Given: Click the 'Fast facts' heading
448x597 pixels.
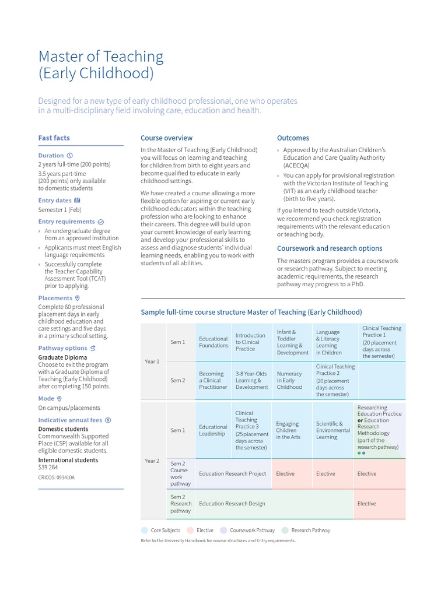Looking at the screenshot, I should click(x=54, y=138).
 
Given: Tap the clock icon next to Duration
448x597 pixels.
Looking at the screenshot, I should click(x=70, y=156).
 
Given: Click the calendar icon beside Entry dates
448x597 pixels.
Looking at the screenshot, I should click(x=78, y=201).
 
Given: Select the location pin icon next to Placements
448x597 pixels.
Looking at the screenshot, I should click(x=78, y=298).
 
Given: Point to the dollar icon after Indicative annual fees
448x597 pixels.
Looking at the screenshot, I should click(x=108, y=420).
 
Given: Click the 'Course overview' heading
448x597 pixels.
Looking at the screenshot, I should click(x=166, y=138).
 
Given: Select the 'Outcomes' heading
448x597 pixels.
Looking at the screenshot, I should click(x=293, y=138).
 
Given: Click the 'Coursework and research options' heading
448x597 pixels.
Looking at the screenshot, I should click(x=330, y=248).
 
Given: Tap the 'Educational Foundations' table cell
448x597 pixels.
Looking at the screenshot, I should click(x=213, y=342).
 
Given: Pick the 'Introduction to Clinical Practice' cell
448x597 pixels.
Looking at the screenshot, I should click(x=250, y=342).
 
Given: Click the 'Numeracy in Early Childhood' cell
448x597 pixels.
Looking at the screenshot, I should click(x=290, y=380).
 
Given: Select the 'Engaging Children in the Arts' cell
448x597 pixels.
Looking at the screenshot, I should click(x=288, y=430).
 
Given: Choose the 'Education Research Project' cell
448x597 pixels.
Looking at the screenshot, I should click(x=232, y=473).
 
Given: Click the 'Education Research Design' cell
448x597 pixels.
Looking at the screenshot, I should click(x=232, y=504).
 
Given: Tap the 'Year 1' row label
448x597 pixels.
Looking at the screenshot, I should click(x=152, y=361).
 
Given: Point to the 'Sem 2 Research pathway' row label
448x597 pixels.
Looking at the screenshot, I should click(x=181, y=504).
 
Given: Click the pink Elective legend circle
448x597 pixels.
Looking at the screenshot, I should click(x=190, y=531).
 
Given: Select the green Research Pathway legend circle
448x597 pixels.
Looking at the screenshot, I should click(x=285, y=531).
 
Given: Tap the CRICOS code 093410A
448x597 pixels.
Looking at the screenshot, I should click(x=57, y=477).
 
